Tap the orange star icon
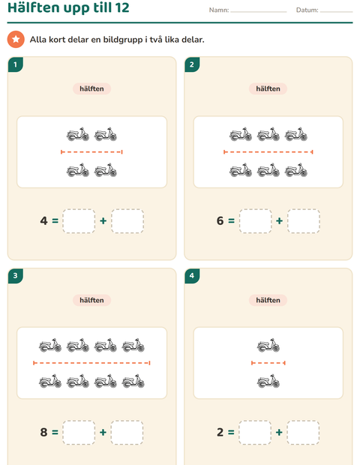[x=16, y=39]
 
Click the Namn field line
[x=258, y=12]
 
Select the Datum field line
[x=336, y=12]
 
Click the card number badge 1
[x=16, y=64]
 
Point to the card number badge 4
[x=192, y=276]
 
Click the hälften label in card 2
[x=268, y=88]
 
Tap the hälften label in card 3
[x=92, y=300]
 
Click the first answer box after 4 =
[x=79, y=221]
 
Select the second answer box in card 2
[x=303, y=221]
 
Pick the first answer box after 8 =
[x=79, y=433]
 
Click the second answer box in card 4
[x=303, y=433]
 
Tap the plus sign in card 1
[x=103, y=221]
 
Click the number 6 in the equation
[x=220, y=220]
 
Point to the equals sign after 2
[x=231, y=433]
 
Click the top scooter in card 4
[x=268, y=345]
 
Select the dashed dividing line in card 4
[x=268, y=363]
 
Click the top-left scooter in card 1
[x=78, y=134]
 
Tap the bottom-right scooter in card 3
[x=133, y=381]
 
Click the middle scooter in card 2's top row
[x=268, y=134]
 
